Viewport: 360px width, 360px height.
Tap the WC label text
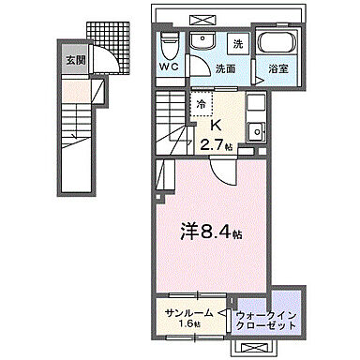170,67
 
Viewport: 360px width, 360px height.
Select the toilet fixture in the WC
169,42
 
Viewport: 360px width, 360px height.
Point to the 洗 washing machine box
237,44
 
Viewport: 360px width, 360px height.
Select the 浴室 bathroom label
277,68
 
